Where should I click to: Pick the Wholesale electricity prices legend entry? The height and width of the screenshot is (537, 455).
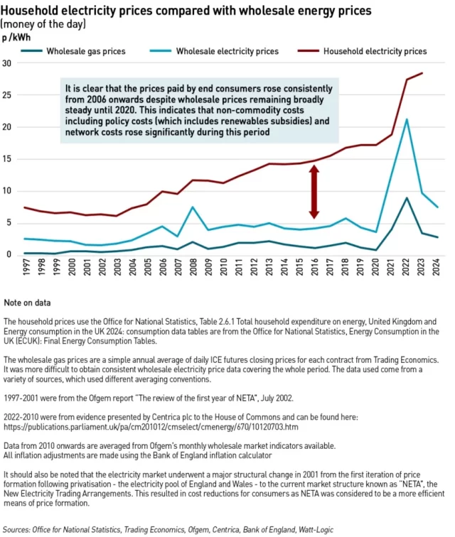pyautogui.click(x=227, y=51)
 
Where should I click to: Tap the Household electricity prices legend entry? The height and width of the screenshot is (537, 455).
pyautogui.click(x=375, y=51)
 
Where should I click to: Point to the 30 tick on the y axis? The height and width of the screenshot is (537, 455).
pyautogui.click(x=8, y=63)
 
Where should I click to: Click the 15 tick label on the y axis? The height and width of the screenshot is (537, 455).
pyautogui.click(x=8, y=159)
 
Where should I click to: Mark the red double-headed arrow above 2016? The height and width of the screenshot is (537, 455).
pyautogui.click(x=314, y=192)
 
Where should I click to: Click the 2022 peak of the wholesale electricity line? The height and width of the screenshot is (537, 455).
pyautogui.click(x=406, y=119)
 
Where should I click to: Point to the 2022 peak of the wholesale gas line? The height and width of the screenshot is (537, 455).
pyautogui.click(x=406, y=198)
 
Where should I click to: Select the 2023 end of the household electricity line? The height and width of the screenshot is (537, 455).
pyautogui.click(x=422, y=73)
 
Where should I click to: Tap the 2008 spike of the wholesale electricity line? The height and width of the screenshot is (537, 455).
pyautogui.click(x=193, y=207)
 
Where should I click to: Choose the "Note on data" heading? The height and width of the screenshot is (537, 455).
pyautogui.click(x=27, y=303)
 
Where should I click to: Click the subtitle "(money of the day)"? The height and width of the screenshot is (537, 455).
pyautogui.click(x=44, y=23)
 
